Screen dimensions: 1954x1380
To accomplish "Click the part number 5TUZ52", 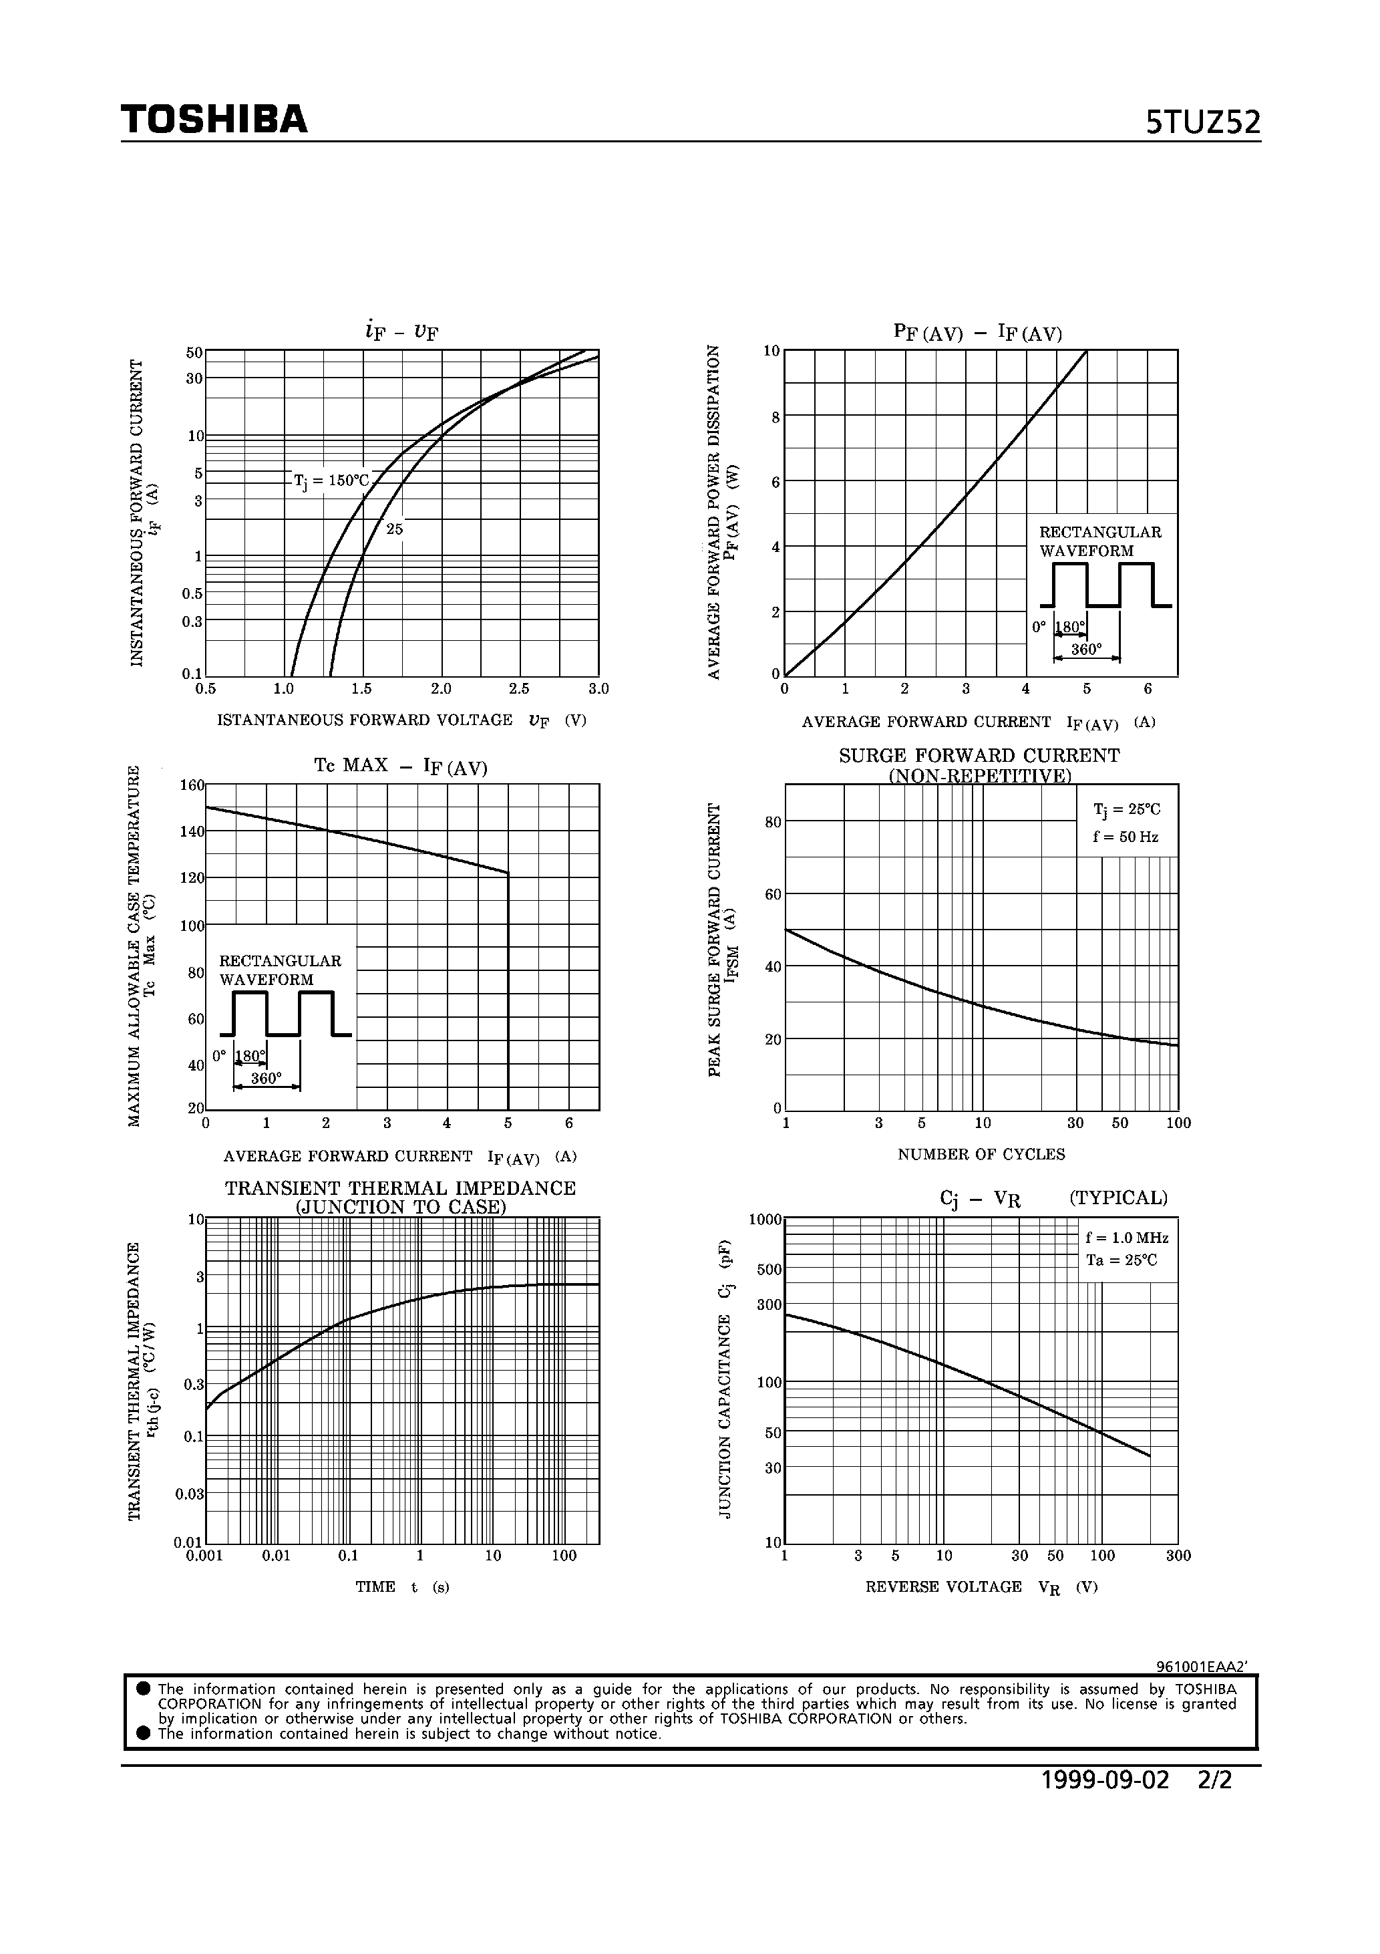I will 1202,124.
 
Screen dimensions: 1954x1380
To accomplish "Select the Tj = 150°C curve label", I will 331,481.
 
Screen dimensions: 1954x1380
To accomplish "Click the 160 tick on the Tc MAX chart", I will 192,785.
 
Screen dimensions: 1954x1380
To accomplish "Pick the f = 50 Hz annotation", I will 1126,837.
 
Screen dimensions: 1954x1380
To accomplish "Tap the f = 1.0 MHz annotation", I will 1126,1238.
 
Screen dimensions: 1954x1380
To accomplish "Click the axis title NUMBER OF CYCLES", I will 981,1155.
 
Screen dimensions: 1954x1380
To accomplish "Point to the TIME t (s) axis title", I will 401,1587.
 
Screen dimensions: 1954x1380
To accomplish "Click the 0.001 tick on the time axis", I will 204,1556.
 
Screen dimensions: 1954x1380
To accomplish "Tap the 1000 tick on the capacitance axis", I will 765,1220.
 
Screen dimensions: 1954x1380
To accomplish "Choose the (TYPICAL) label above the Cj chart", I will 1118,1198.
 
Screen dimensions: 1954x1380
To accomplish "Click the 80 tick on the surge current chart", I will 773,822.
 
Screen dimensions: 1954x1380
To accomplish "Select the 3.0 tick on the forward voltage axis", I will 598,688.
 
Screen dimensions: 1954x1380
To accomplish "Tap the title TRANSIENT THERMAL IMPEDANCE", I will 400,1188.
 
